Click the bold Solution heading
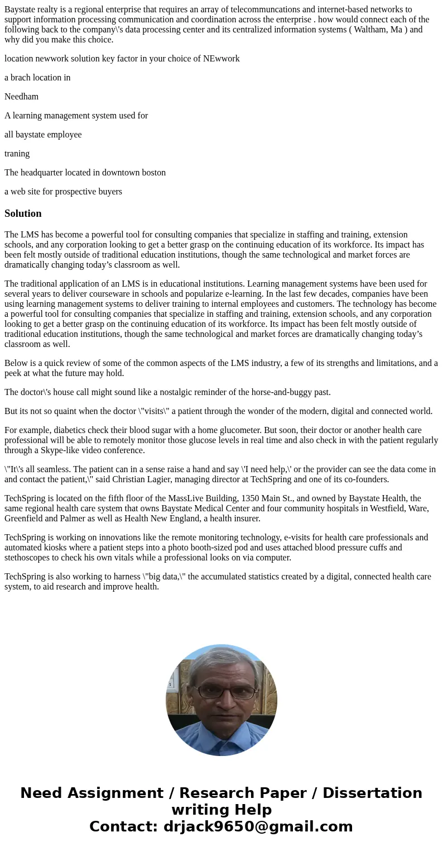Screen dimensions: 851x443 [23, 213]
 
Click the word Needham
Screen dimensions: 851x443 [22, 97]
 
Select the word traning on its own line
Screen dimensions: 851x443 [17, 154]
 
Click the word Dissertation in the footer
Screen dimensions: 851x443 [372, 793]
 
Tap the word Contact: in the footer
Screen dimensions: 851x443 [124, 826]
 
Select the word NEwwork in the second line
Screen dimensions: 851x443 [223, 59]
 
